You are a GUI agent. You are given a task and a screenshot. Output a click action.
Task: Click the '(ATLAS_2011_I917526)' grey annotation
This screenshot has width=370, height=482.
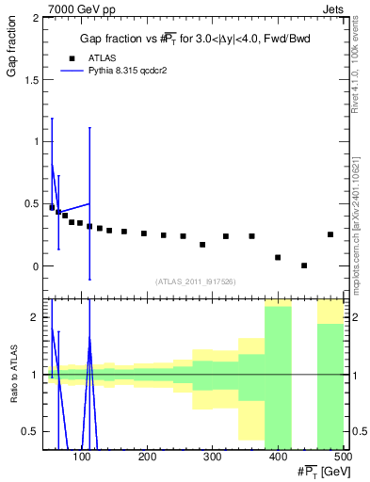(x=195, y=281)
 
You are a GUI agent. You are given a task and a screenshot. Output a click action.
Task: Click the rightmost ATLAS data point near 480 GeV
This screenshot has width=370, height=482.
(x=330, y=234)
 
